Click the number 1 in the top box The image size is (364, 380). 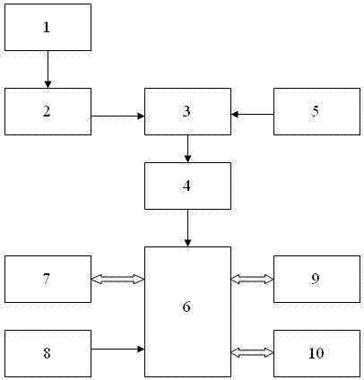(47, 27)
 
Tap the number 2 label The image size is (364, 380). (47, 111)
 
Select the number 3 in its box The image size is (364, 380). (186, 111)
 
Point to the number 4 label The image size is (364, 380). (186, 186)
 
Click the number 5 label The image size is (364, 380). (316, 111)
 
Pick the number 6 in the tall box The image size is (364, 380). (186, 307)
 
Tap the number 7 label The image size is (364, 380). (47, 279)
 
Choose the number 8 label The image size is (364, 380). (47, 353)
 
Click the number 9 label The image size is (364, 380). (316, 279)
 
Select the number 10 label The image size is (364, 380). (316, 353)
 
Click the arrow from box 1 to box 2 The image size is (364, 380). (48, 69)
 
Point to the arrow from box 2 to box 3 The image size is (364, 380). (117, 116)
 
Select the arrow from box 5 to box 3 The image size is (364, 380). (252, 114)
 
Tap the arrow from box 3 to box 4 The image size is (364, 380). (187, 149)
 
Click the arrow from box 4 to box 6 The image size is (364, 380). (187, 228)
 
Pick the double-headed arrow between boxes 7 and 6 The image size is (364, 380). (117, 280)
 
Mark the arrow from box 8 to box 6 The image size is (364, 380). (117, 349)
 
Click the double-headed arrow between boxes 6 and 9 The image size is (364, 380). (252, 280)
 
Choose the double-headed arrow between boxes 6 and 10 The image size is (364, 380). (252, 353)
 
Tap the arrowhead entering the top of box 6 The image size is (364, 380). (187, 243)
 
